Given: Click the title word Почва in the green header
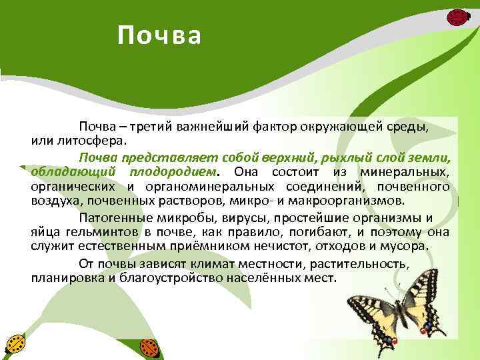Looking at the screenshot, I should (x=159, y=36).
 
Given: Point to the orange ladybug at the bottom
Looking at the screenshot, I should (x=149, y=347).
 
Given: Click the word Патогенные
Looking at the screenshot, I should (x=109, y=217).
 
